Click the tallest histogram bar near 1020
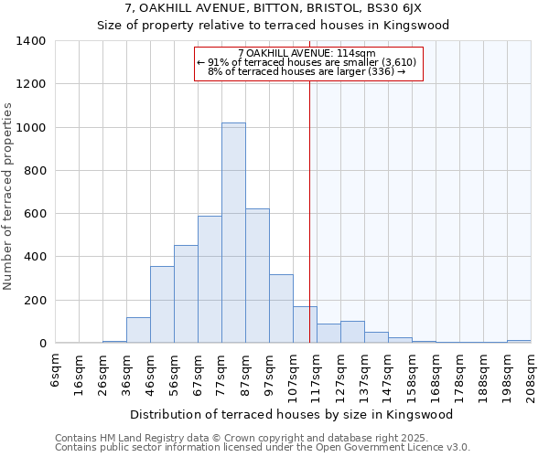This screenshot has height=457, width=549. [233, 233]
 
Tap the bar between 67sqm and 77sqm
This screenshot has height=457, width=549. [210, 280]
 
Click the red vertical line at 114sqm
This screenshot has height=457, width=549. [310, 210]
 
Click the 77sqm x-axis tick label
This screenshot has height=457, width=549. [222, 371]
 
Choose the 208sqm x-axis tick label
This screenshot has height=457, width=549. [532, 371]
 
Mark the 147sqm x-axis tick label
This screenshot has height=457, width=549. [389, 371]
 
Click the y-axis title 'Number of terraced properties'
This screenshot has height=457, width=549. [8, 196]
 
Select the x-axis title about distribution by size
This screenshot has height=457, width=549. [297, 414]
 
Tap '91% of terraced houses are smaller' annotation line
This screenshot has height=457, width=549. [307, 62]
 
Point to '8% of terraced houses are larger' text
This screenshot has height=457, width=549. [307, 71]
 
